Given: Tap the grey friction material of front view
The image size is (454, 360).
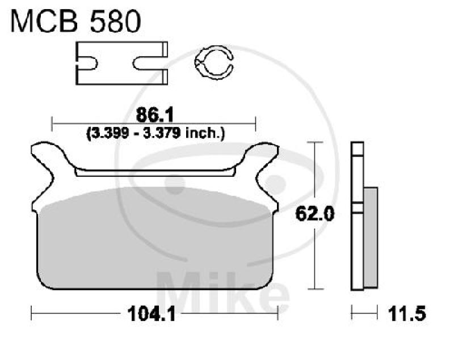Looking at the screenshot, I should pos(153,244).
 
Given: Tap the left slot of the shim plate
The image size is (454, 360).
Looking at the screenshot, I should pos(87,57).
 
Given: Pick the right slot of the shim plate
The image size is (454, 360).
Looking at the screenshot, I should pos(157,57).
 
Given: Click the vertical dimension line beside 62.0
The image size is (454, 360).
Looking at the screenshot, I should pos(315,170).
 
